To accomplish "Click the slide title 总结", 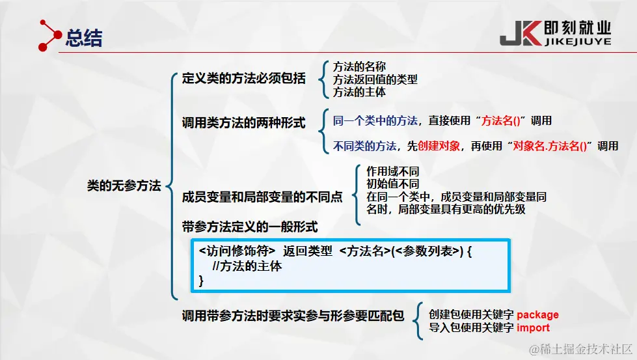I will tap(84, 38).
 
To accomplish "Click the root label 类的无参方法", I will tap(124, 186).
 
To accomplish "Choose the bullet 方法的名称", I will tap(359, 66).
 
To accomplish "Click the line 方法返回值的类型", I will tap(375, 79).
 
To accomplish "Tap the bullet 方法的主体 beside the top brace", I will tap(359, 92).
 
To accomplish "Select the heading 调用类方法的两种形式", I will tap(243, 123).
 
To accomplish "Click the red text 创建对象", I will tap(440, 146).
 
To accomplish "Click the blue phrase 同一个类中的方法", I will tap(375, 120).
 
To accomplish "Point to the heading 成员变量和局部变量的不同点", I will tap(262, 197).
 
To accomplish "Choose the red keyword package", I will tap(537, 315).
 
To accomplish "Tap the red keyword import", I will tap(533, 327).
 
